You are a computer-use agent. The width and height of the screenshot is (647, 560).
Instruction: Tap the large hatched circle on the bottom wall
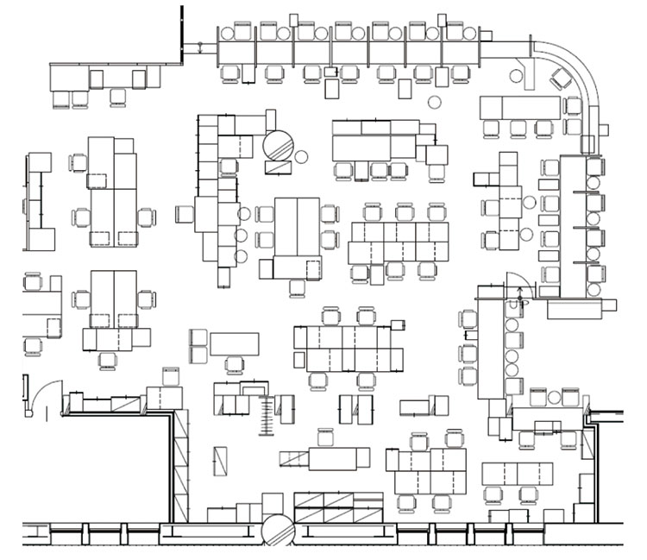pyautogui.click(x=278, y=530)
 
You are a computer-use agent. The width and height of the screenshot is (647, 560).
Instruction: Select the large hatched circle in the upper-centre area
pyautogui.click(x=278, y=146)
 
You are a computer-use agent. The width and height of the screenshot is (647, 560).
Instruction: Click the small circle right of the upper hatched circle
pyautogui.click(x=301, y=157)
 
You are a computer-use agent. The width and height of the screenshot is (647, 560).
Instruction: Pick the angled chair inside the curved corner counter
pyautogui.click(x=561, y=79)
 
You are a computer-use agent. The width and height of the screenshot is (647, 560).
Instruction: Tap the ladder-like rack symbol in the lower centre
pyautogui.click(x=267, y=415)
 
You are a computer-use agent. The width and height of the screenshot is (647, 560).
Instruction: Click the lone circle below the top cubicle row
pyautogui.click(x=434, y=102)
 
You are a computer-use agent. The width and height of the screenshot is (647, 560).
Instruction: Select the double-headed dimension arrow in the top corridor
pyautogui.click(x=200, y=47)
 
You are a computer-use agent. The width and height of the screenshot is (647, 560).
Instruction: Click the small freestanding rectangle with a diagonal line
pyautogui.click(x=220, y=461)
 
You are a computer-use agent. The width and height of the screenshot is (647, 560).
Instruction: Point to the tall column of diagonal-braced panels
pyautogui.click(x=181, y=465)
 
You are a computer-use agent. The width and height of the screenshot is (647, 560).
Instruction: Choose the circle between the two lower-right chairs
pyautogui.click(x=554, y=398)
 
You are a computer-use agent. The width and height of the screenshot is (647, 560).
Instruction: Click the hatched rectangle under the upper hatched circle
pyautogui.click(x=278, y=168)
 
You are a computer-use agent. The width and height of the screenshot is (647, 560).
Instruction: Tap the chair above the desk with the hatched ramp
pyautogui.click(x=325, y=437)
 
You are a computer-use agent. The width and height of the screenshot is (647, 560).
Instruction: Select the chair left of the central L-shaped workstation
pyautogui.click(x=184, y=214)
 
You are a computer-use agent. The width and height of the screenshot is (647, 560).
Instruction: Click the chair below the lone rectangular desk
pyautogui.click(x=235, y=365)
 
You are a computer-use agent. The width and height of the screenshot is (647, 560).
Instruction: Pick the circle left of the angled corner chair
pyautogui.click(x=516, y=76)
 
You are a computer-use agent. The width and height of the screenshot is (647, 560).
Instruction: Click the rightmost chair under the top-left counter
pyautogui.click(x=118, y=98)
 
